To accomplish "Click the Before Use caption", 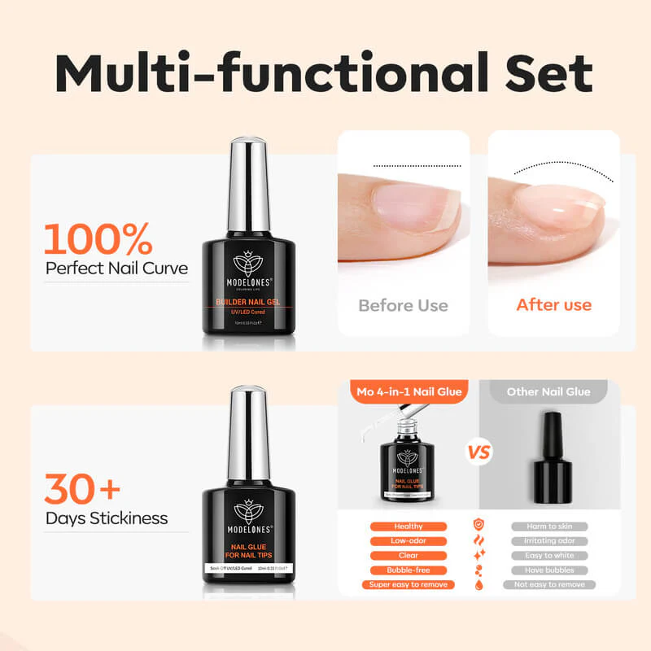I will point(404,305).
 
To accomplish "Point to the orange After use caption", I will point(554,305).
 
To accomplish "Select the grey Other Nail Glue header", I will point(548,391).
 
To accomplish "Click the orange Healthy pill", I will point(409,526).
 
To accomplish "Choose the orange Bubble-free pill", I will point(409,570).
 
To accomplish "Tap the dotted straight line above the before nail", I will point(417,165).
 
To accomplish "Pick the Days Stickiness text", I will point(107,518).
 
